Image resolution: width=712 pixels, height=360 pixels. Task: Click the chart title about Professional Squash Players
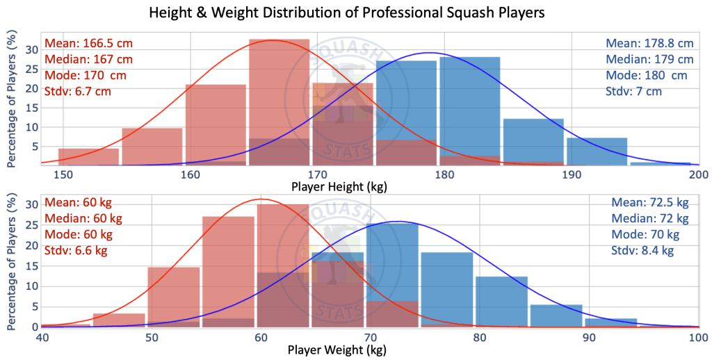(x=355, y=13)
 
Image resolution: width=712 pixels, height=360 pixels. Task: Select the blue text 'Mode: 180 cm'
(x=646, y=75)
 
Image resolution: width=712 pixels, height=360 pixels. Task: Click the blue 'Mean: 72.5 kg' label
(x=649, y=202)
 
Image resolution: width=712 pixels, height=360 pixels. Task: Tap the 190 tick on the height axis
(x=572, y=174)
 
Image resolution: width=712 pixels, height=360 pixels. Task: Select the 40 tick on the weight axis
(x=42, y=337)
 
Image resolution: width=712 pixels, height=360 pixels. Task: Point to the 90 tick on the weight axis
(x=589, y=337)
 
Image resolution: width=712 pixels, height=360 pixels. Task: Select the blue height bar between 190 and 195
(x=597, y=152)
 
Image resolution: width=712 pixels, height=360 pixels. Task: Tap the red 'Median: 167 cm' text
(x=88, y=59)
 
